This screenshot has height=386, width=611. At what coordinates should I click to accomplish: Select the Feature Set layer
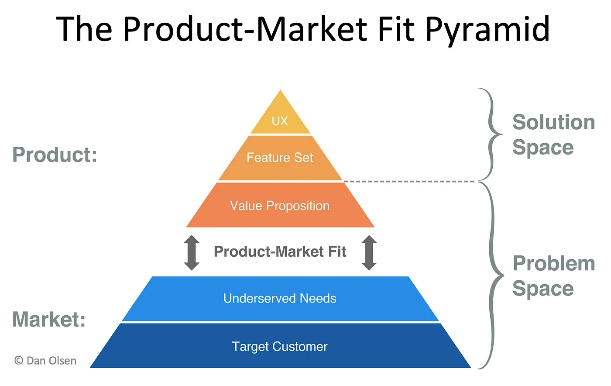click(x=280, y=158)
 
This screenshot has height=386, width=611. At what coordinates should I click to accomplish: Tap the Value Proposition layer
click(x=280, y=206)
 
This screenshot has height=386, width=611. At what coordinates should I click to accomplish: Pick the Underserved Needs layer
click(x=280, y=299)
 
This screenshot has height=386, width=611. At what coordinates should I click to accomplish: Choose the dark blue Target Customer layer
click(x=280, y=347)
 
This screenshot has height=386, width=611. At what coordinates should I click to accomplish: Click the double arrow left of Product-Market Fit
click(x=192, y=252)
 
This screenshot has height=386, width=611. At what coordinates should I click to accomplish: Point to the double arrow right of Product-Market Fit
click(x=369, y=252)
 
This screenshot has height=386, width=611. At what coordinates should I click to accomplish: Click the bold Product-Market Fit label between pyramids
click(x=280, y=252)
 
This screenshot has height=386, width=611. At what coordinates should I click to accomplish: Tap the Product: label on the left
click(x=55, y=155)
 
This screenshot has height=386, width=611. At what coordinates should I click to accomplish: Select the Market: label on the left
click(x=49, y=319)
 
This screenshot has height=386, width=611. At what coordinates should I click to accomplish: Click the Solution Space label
click(x=553, y=134)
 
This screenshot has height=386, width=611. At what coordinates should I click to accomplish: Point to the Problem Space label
click(x=553, y=276)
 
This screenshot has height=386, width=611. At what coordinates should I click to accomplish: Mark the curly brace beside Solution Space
click(x=491, y=134)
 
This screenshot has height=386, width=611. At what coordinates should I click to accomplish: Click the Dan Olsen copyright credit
click(x=45, y=361)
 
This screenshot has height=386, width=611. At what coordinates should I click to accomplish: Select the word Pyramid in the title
click(x=487, y=30)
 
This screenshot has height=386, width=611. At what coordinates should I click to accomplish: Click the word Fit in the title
click(x=397, y=29)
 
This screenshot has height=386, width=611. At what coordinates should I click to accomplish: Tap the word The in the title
click(x=84, y=29)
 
